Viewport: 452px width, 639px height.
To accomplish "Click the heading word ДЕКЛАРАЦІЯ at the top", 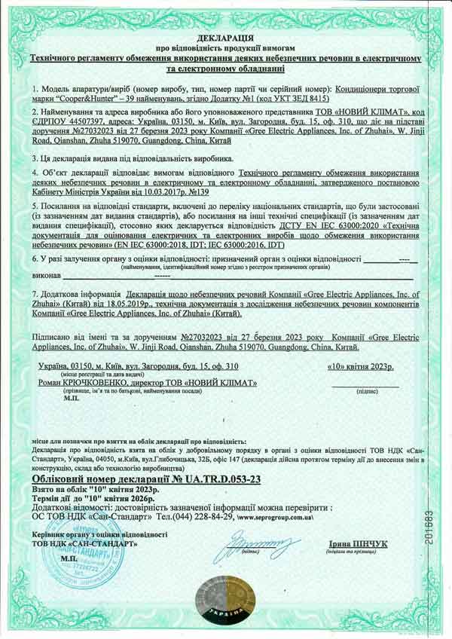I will click(x=225, y=36).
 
